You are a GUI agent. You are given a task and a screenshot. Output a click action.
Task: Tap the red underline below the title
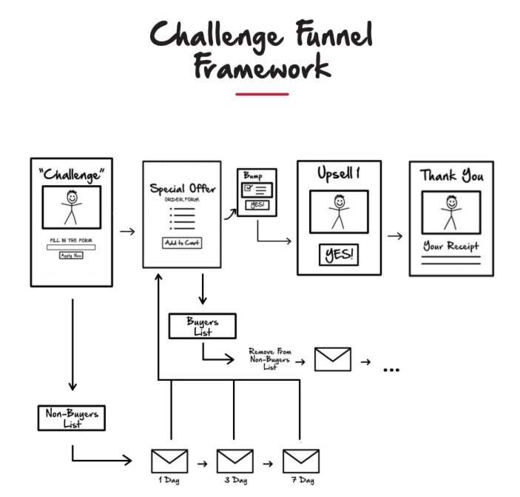[262, 94]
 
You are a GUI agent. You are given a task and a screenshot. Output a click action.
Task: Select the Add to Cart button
[181, 243]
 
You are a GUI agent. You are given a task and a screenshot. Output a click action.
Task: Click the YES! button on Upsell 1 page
[339, 255]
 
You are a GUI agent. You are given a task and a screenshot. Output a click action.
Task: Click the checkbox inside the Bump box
[249, 189]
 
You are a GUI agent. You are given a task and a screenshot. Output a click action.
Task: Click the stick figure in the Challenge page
[71, 207]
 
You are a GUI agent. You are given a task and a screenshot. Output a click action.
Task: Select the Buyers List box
[202, 326]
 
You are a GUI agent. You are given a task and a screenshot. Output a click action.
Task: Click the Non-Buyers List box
[71, 417]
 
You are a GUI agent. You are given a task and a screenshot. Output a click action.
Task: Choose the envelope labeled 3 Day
[234, 461]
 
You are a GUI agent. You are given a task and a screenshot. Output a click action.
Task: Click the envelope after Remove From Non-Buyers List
[332, 359]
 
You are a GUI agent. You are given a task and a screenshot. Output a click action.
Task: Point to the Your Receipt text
[450, 246]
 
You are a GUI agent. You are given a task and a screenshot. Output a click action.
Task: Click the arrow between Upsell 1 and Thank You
[395, 236]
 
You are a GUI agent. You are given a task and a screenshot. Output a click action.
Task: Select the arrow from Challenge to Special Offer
[127, 232]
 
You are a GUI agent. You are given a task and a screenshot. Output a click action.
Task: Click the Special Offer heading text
[181, 188]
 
